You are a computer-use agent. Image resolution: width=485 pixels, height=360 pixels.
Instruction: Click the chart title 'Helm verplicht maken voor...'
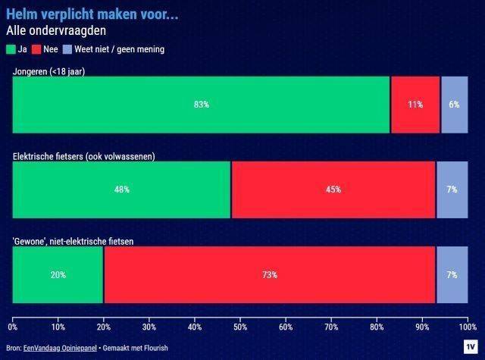click(x=92, y=14)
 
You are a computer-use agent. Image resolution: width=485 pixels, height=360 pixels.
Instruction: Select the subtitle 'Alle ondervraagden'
click(x=55, y=31)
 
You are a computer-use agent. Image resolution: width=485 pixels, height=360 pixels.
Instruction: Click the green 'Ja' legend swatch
click(x=11, y=49)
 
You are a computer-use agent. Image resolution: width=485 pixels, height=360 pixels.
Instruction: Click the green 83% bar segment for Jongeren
click(x=201, y=105)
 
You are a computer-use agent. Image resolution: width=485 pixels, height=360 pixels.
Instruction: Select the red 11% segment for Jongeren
click(x=415, y=105)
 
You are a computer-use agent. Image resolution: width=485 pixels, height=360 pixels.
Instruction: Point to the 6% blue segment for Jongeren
click(x=454, y=105)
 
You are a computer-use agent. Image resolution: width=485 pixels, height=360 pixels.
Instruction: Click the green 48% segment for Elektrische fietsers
click(x=122, y=189)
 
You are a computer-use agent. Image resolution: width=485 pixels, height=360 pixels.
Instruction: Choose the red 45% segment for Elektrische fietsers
click(x=333, y=189)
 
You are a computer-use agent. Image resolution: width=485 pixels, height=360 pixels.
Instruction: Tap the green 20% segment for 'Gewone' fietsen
click(x=58, y=275)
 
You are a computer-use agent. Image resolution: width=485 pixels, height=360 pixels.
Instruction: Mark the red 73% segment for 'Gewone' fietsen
click(x=270, y=275)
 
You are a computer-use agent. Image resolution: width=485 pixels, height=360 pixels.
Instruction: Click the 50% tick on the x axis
click(x=240, y=327)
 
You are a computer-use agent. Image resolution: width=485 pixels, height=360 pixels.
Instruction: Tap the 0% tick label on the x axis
click(x=13, y=327)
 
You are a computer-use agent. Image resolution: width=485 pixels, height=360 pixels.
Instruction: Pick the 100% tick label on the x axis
click(x=467, y=327)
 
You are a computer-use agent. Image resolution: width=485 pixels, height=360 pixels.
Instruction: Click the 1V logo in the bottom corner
click(x=469, y=346)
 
